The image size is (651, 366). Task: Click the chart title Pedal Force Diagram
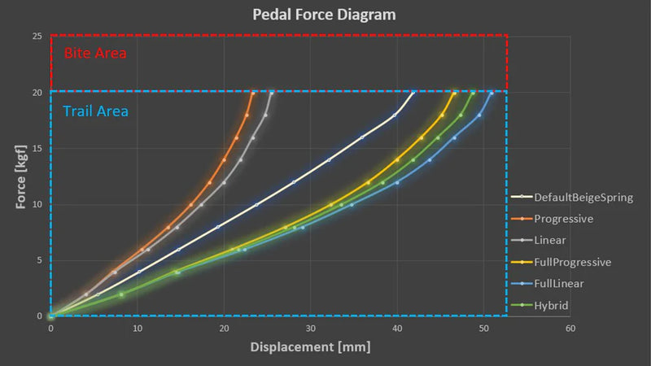325,15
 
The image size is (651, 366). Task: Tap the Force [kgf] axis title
20,176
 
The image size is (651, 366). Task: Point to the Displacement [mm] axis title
311,347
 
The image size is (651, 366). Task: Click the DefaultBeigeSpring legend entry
583,197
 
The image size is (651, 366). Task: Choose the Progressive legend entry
563,219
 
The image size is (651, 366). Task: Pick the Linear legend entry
550,240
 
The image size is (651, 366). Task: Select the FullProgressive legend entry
572,262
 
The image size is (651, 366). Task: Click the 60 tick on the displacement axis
570,328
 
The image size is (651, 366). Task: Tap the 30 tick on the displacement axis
311,328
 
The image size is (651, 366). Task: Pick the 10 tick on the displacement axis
138,328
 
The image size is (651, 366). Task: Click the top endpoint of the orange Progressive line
253,93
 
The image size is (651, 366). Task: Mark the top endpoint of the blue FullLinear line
491,93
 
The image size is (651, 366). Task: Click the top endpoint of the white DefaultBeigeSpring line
413,93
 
